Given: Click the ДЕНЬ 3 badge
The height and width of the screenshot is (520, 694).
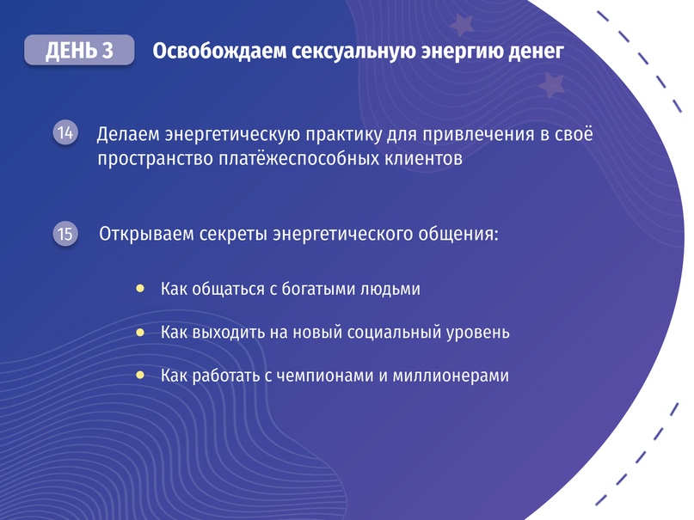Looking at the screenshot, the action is (x=79, y=50).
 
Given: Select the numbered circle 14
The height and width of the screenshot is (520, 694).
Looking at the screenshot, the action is (x=65, y=132).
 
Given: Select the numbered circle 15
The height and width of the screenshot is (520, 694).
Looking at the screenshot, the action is (x=65, y=234).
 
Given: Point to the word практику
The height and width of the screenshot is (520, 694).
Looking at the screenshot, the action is (x=343, y=135).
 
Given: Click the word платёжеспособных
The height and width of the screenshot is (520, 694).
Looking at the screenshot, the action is (x=298, y=159).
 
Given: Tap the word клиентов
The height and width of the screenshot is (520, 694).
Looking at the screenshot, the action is (x=424, y=158).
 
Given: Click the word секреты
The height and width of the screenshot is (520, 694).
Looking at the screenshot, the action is (x=233, y=234).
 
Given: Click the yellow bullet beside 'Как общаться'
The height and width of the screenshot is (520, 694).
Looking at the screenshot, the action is (x=140, y=289).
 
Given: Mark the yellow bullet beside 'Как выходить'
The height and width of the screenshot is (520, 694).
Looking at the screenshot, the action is (x=140, y=332).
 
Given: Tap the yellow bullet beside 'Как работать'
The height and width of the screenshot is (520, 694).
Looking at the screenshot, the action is (x=140, y=376).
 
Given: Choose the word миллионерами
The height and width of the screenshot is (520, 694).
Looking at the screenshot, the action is (x=451, y=376).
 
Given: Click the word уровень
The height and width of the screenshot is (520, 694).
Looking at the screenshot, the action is (x=478, y=333).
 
